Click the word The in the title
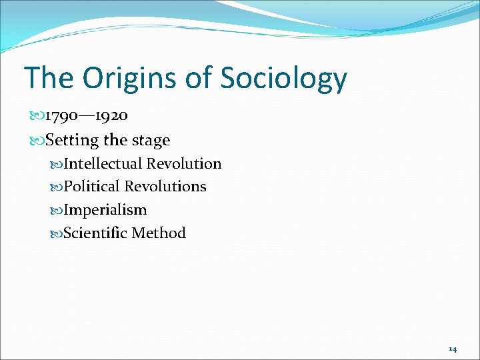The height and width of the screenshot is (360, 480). click(x=48, y=78)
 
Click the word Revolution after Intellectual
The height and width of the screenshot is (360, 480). click(x=184, y=164)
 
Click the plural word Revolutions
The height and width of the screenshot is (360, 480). click(x=165, y=187)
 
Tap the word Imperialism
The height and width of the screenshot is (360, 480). click(x=105, y=210)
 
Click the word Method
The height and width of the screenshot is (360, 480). click(x=159, y=233)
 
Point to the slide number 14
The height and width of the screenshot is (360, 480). click(x=453, y=349)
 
